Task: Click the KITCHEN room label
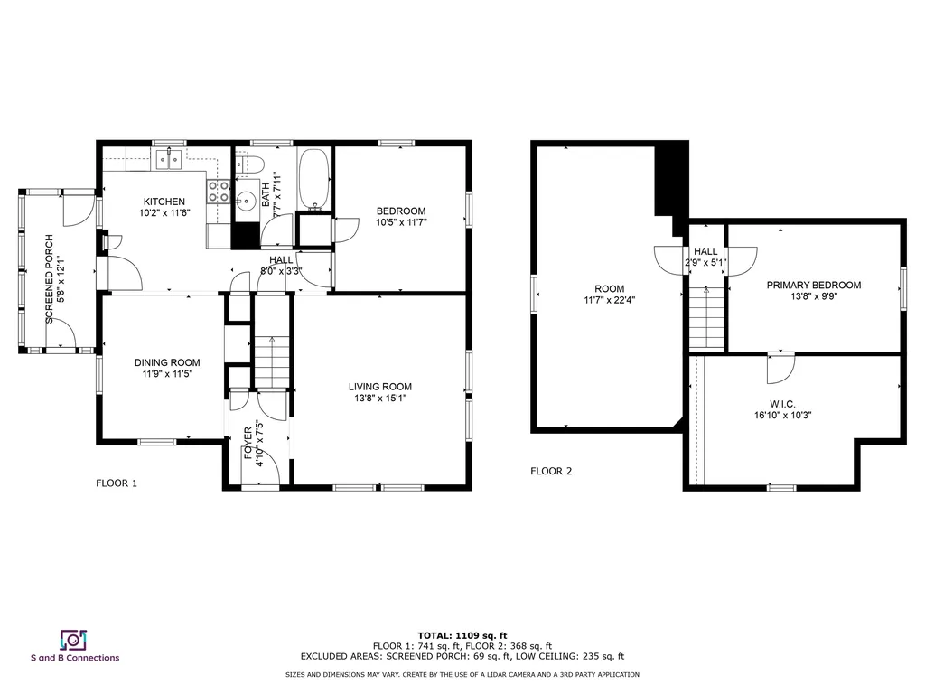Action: pyautogui.click(x=164, y=202)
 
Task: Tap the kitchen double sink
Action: pyautogui.click(x=169, y=159)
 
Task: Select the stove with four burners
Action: pyautogui.click(x=219, y=192)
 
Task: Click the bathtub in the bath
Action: pyautogui.click(x=313, y=179)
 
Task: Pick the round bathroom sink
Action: pyautogui.click(x=246, y=201)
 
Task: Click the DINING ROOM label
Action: pyautogui.click(x=167, y=362)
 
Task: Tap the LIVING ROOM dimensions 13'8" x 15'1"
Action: pyautogui.click(x=380, y=398)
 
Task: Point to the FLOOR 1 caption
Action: pyautogui.click(x=117, y=483)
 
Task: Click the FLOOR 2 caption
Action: pyautogui.click(x=551, y=471)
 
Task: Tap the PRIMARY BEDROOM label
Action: pyautogui.click(x=814, y=285)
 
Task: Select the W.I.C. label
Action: pyautogui.click(x=782, y=404)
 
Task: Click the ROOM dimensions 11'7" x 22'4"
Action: pyautogui.click(x=610, y=300)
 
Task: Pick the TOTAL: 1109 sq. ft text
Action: pyautogui.click(x=462, y=635)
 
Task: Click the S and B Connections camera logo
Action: pyautogui.click(x=74, y=641)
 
